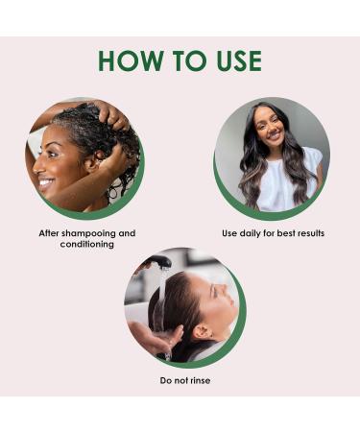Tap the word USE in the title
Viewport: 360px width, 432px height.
231,60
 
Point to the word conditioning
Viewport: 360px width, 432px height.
87,244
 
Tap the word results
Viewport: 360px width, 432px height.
308,233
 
